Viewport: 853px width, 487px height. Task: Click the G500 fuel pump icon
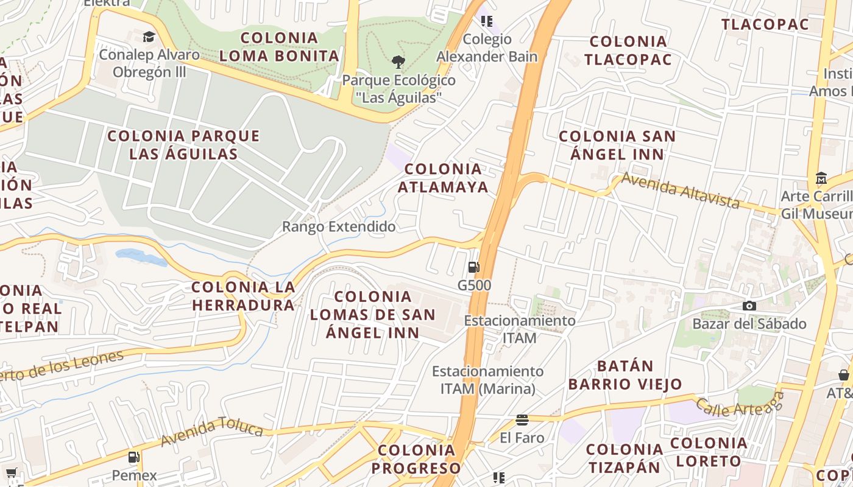click(x=473, y=267)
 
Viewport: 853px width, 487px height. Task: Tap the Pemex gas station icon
click(x=134, y=457)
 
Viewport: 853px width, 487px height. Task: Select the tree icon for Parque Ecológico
click(x=398, y=61)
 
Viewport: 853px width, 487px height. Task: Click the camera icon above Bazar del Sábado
click(x=749, y=306)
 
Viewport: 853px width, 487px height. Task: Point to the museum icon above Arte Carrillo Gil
click(x=821, y=179)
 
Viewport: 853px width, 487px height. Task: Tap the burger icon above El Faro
click(x=522, y=419)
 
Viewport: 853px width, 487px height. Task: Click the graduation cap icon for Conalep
click(x=149, y=37)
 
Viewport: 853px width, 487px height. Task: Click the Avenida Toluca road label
click(x=212, y=432)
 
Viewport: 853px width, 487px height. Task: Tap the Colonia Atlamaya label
click(x=443, y=178)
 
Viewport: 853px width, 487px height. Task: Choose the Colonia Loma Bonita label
click(x=279, y=47)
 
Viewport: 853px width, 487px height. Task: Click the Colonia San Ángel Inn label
click(x=617, y=145)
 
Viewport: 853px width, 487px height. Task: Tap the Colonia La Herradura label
click(x=243, y=296)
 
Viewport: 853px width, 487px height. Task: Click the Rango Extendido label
click(x=339, y=227)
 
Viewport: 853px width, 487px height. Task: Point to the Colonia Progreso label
click(x=417, y=459)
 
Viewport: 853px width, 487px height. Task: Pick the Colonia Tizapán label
click(x=624, y=458)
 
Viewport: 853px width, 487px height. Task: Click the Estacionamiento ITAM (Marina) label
click(x=487, y=379)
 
